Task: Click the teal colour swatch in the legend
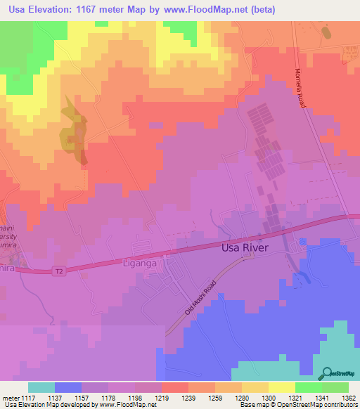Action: coord(41,387)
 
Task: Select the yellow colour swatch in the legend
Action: coord(282,387)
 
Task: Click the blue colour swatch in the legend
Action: coord(68,387)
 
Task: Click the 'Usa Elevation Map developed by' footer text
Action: coord(46,405)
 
